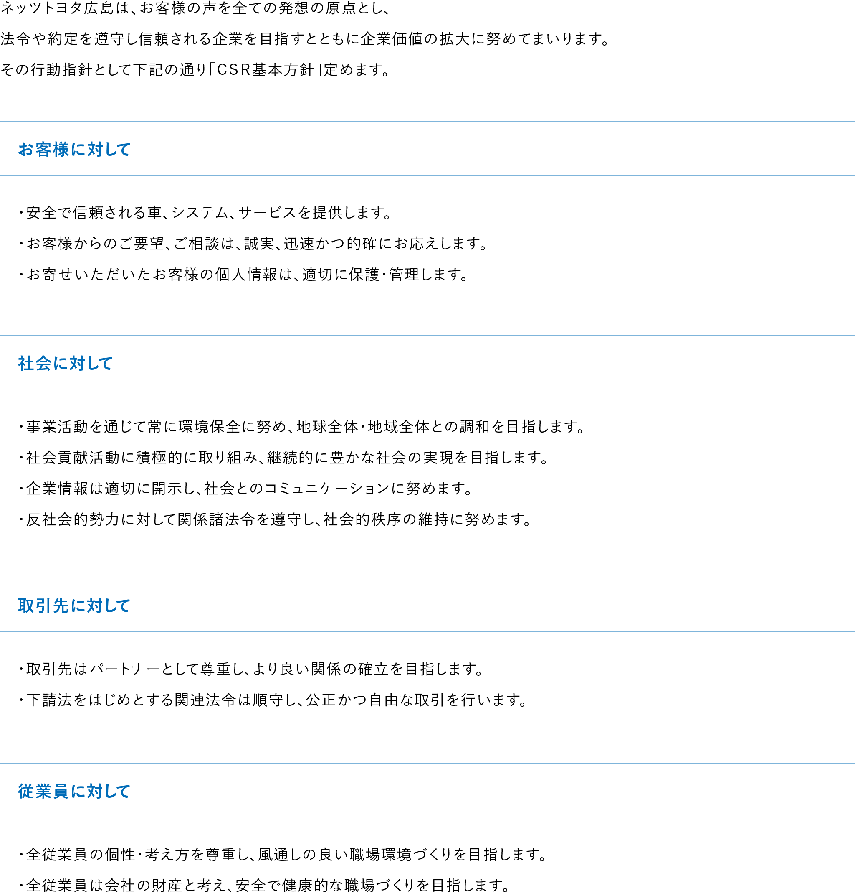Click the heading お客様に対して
[x=74, y=150]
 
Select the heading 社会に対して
[x=65, y=364]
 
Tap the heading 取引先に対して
[x=74, y=606]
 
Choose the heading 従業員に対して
[x=74, y=791]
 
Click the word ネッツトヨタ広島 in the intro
[x=57, y=9]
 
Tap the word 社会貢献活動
[x=73, y=458]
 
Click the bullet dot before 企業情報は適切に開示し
[x=21, y=489]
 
